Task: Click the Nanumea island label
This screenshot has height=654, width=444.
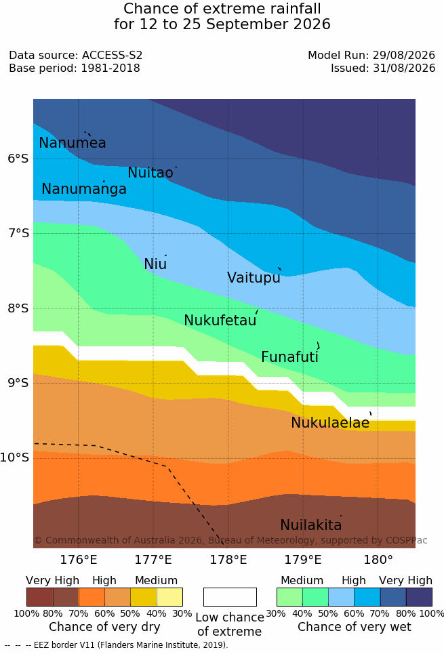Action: [x=72, y=142]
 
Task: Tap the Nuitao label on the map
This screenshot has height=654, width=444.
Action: [x=150, y=172]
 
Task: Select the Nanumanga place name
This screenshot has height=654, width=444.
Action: [x=84, y=189]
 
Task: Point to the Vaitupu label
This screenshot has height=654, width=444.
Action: [x=254, y=278]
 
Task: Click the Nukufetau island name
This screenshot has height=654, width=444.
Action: [x=220, y=321]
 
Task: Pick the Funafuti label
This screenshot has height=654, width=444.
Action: [x=289, y=357]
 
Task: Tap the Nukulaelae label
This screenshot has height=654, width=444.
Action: [x=330, y=422]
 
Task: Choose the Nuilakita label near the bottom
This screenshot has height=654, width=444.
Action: [x=311, y=525]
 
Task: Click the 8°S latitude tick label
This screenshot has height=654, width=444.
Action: [x=18, y=308]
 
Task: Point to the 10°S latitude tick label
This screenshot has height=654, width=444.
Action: [x=15, y=457]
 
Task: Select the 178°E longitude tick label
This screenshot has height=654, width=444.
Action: [x=228, y=559]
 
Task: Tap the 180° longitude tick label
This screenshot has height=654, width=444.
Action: [x=378, y=559]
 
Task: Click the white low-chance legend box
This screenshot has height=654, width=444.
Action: [x=230, y=597]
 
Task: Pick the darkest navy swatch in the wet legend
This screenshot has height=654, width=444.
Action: [x=419, y=597]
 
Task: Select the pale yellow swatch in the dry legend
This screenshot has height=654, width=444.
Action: [x=169, y=597]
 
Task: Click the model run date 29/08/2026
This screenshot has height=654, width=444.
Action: [x=404, y=55]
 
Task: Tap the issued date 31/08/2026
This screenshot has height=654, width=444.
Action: [x=404, y=68]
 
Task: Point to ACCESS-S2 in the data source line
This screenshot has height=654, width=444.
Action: [x=113, y=55]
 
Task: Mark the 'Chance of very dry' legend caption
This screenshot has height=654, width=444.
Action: [x=105, y=627]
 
